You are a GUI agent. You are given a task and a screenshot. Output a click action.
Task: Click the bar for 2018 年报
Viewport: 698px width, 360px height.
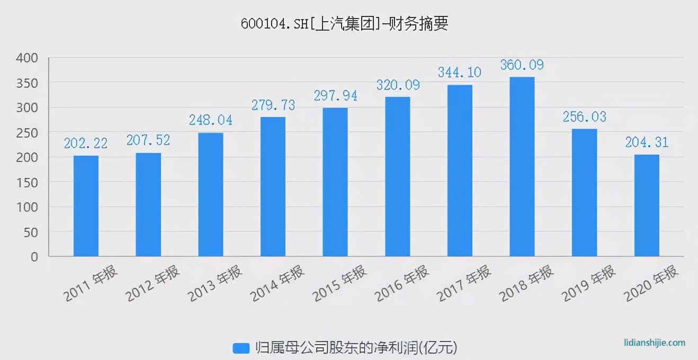[522, 167]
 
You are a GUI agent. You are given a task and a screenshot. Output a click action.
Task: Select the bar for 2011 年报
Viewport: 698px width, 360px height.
[86, 206]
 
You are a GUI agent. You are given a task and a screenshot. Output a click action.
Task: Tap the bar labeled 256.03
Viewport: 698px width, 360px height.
[584, 193]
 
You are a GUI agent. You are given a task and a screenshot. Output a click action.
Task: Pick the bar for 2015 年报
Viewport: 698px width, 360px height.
[335, 182]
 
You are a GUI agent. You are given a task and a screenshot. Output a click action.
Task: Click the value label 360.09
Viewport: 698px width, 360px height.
[522, 66]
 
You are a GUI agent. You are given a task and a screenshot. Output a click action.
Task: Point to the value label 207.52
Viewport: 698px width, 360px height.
[148, 140]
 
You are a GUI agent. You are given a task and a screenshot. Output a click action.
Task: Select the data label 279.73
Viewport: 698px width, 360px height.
[273, 105]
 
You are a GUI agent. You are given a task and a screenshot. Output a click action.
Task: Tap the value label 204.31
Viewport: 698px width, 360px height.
[647, 142]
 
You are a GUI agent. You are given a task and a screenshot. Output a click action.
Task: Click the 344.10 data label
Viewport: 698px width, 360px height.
[459, 73]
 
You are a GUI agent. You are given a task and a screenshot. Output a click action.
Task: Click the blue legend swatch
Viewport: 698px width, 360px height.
[241, 348]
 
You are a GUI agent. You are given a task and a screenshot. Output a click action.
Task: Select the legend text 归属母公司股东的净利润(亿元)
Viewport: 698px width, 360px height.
[355, 348]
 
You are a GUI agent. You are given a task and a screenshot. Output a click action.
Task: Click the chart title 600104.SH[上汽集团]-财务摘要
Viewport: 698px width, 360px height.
[344, 24]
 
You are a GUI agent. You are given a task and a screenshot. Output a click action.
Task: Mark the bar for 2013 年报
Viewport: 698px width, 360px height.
[211, 194]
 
